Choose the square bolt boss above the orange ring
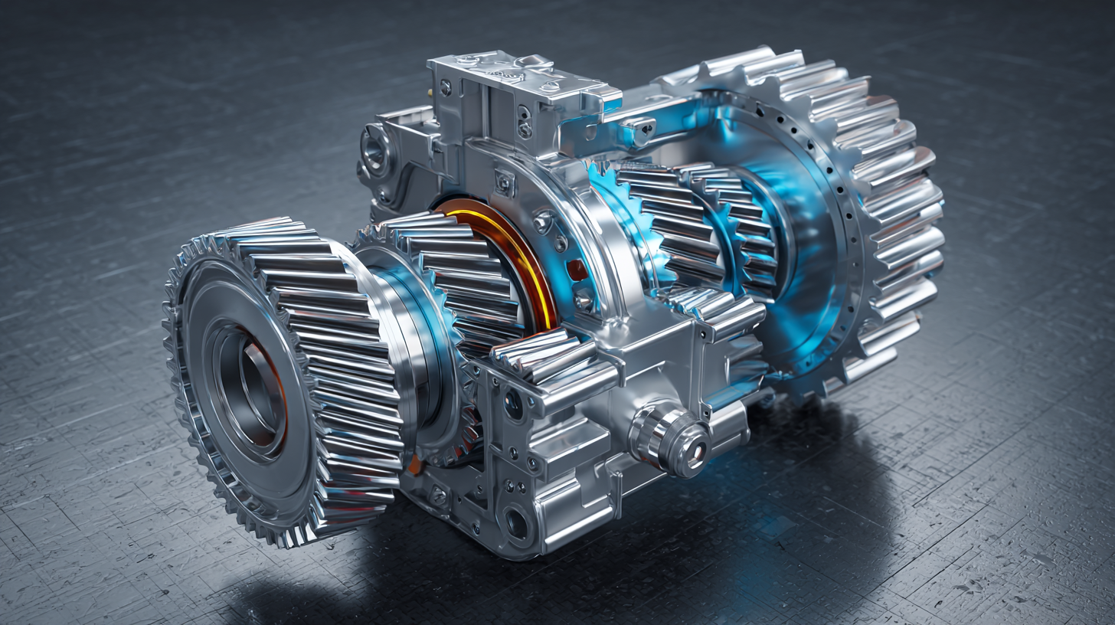(505, 182)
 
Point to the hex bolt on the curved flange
(544, 222)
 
